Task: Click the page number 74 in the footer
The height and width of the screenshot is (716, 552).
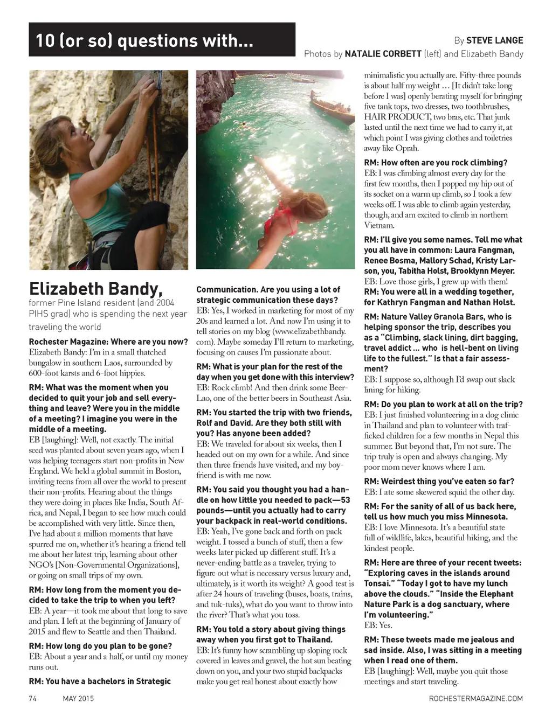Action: [32, 698]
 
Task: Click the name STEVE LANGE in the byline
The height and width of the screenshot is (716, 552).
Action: [494, 40]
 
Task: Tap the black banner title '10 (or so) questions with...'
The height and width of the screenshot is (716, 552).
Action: [144, 40]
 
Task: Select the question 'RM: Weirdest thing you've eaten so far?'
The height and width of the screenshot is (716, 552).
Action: [439, 481]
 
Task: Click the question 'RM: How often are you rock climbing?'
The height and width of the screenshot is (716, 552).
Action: [436, 163]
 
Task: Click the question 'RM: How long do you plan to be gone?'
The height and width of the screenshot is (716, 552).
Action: [100, 646]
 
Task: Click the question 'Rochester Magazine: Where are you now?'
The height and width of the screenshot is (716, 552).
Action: [108, 342]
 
